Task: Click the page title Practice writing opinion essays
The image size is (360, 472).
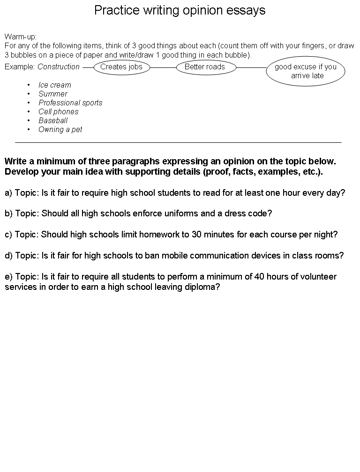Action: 180,10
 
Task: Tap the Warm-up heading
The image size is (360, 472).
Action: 21,37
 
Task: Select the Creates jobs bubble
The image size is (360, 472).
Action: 121,67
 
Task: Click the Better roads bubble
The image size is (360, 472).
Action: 205,67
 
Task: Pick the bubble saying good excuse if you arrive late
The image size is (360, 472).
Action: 306,71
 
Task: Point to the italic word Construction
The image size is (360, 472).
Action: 59,67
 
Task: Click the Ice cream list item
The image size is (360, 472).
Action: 55,85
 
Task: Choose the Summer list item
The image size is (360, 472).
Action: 53,94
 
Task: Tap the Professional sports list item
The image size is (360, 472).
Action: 70,103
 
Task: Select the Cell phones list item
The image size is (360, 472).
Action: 59,111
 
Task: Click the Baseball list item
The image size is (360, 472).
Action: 53,120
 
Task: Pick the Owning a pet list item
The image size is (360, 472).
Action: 60,129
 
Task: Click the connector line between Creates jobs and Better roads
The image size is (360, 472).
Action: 163,67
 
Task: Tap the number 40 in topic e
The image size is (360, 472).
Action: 259,277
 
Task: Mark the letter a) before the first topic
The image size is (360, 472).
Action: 8,192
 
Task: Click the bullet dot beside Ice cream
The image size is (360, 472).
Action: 29,85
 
